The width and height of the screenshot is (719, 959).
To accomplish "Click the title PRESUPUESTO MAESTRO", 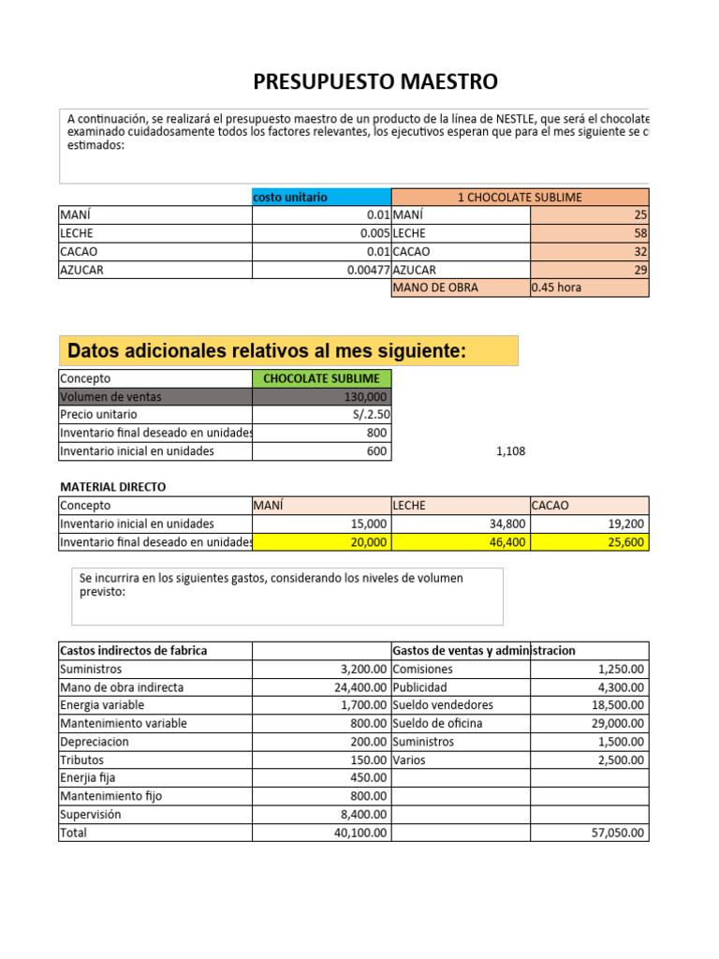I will click(x=375, y=82).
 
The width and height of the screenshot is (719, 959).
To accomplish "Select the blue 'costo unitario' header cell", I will click(x=321, y=198).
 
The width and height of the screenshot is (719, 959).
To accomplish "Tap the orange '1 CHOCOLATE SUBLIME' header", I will click(x=519, y=198).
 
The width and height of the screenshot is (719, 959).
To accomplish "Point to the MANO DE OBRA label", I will click(x=436, y=288).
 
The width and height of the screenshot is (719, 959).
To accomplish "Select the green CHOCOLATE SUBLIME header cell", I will click(x=322, y=378).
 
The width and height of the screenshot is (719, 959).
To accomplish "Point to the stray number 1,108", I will click(x=510, y=451).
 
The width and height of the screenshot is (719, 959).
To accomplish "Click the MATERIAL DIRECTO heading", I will click(x=113, y=487).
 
